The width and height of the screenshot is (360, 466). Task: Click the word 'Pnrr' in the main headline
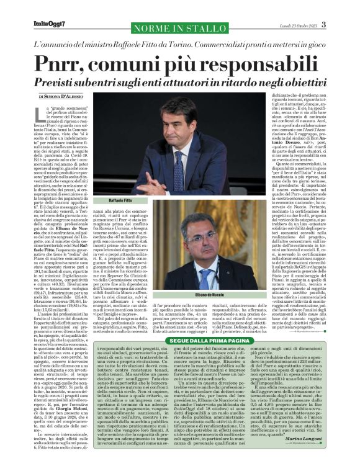click(63, 63)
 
